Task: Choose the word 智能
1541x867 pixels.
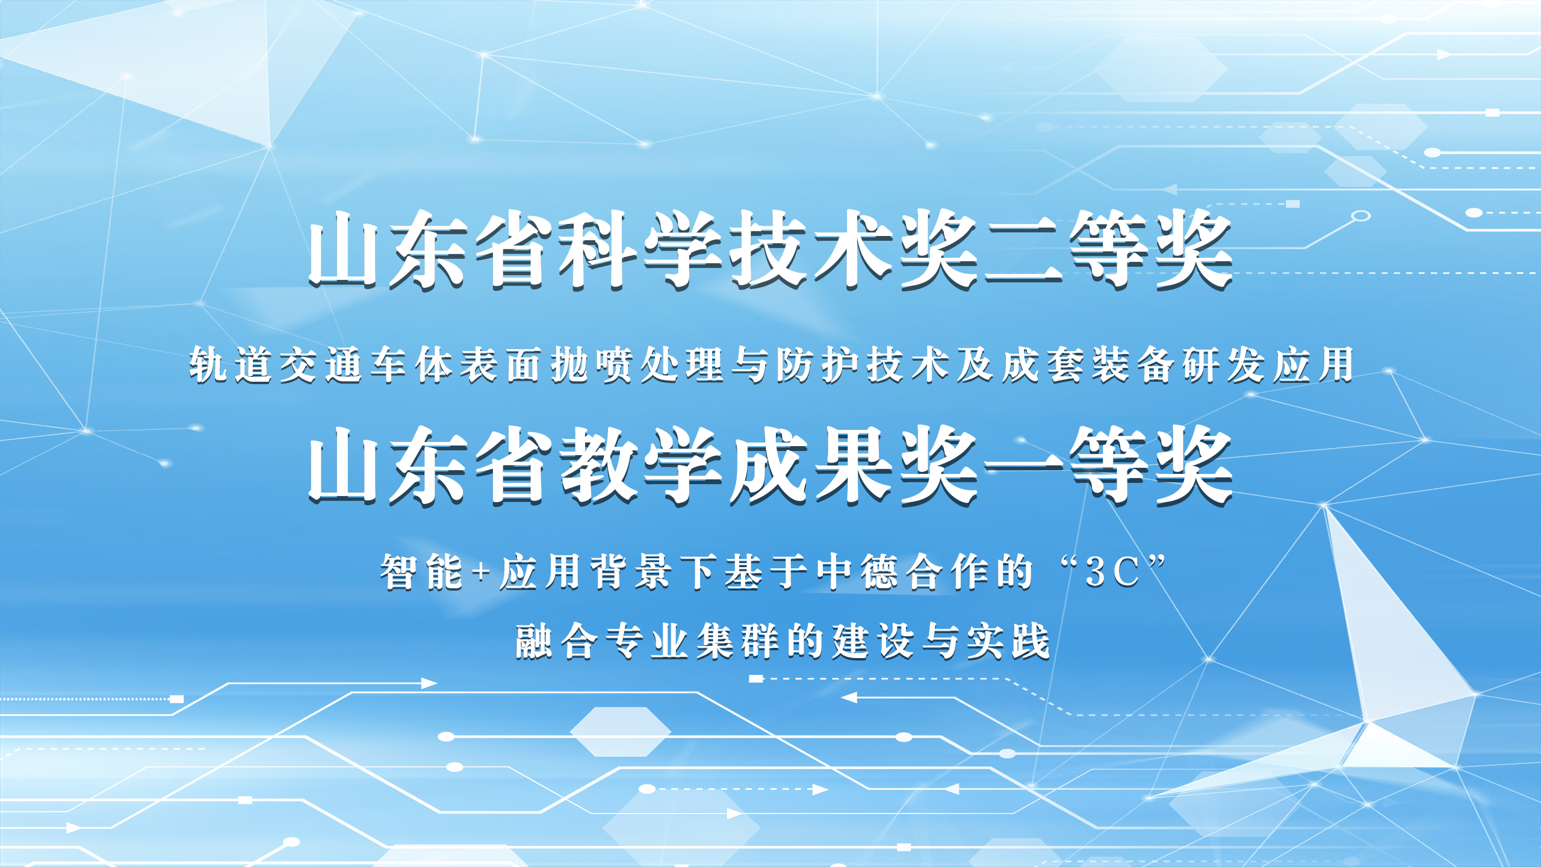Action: tap(421, 572)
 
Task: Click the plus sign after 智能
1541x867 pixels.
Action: tap(481, 572)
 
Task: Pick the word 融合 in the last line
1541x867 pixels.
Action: tap(557, 642)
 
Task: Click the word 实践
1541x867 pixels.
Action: tap(1008, 642)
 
